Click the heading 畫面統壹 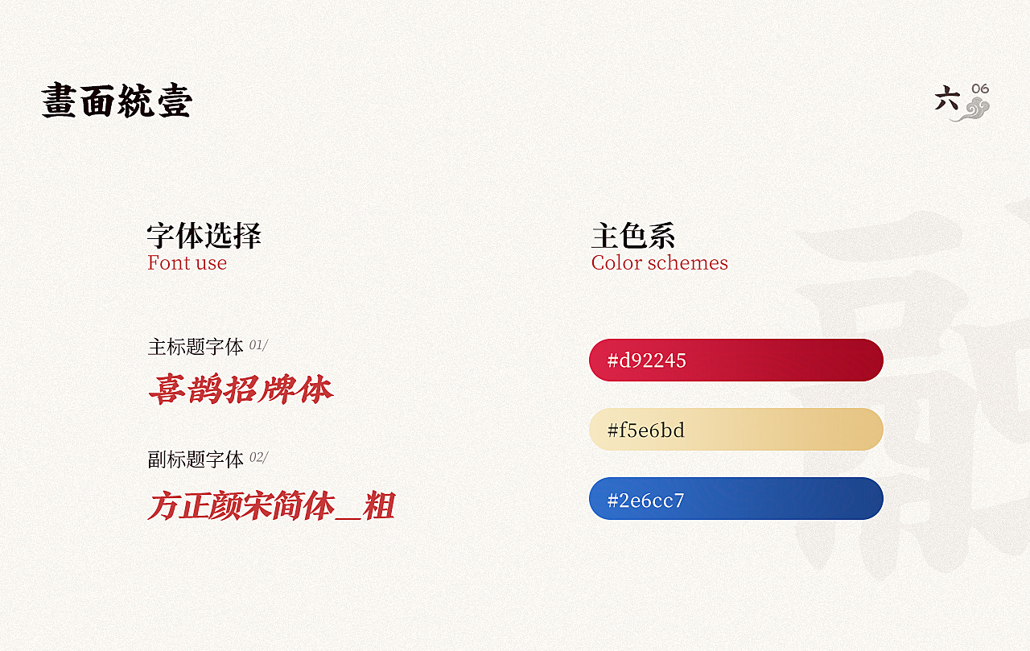coord(117,101)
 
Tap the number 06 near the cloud coord(980,89)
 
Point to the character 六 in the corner coord(947,98)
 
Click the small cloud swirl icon coord(971,110)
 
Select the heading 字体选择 coord(204,236)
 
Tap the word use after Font coord(212,264)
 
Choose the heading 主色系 coord(633,236)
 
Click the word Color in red coord(616,262)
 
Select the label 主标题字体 coord(196,347)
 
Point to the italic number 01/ coord(258,344)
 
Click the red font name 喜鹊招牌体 coord(241,389)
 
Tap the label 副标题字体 coord(196,459)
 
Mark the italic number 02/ coord(259,457)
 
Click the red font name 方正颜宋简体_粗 coord(271,505)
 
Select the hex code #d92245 coord(646,361)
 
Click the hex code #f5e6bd coord(646,431)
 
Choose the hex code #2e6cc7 coord(645,501)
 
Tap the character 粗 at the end coord(379,505)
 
